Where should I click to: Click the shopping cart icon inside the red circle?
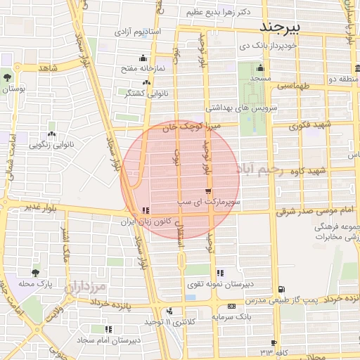(x=207, y=191)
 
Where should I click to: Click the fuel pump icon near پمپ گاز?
(x=282, y=289)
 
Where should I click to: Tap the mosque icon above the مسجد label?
(x=260, y=68)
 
